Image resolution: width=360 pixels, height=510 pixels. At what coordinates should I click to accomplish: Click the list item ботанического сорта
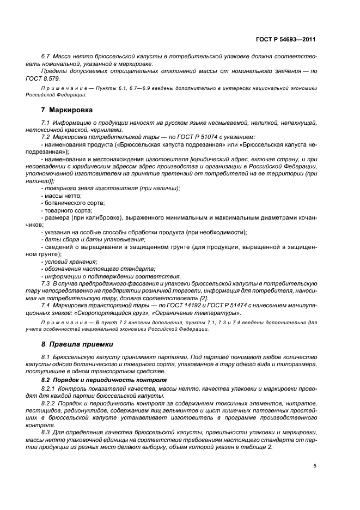pyautogui.click(x=70, y=202)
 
